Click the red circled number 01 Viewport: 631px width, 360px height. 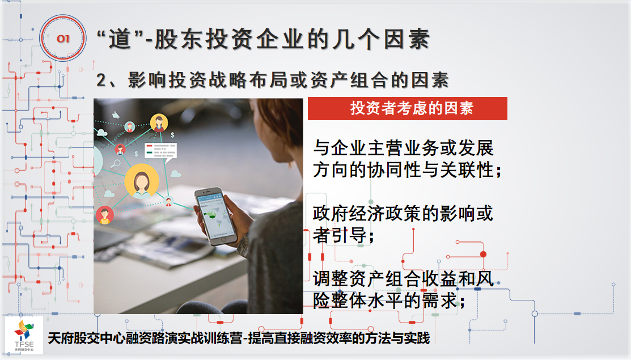click(x=63, y=38)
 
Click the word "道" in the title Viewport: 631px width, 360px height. click(x=120, y=40)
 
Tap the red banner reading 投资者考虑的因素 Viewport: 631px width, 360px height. click(x=407, y=108)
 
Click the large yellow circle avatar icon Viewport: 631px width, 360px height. click(x=141, y=181)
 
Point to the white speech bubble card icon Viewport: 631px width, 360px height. click(x=161, y=151)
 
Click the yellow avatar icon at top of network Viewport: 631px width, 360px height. click(x=159, y=122)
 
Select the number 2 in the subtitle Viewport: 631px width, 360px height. click(x=101, y=80)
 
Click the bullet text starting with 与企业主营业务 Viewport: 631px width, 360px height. click(x=407, y=159)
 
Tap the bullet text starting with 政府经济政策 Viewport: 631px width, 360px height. click(x=403, y=225)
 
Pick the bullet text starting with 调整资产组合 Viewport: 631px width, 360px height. click(x=403, y=290)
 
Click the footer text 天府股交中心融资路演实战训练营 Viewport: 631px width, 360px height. click(x=145, y=338)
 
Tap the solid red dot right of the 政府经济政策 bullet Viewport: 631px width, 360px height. click(x=483, y=254)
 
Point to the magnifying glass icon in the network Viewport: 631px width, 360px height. click(x=116, y=164)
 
